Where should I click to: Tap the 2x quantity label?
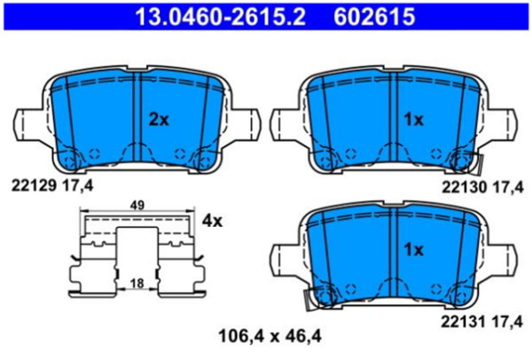[x=158, y=118]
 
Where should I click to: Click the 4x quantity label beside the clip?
[x=212, y=219]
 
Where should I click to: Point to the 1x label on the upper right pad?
[x=414, y=118]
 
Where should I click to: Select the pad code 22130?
[x=462, y=186]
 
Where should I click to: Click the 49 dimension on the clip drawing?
[x=137, y=205]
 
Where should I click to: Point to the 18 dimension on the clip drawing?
[x=137, y=282]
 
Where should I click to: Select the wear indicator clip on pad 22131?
[x=311, y=298]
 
